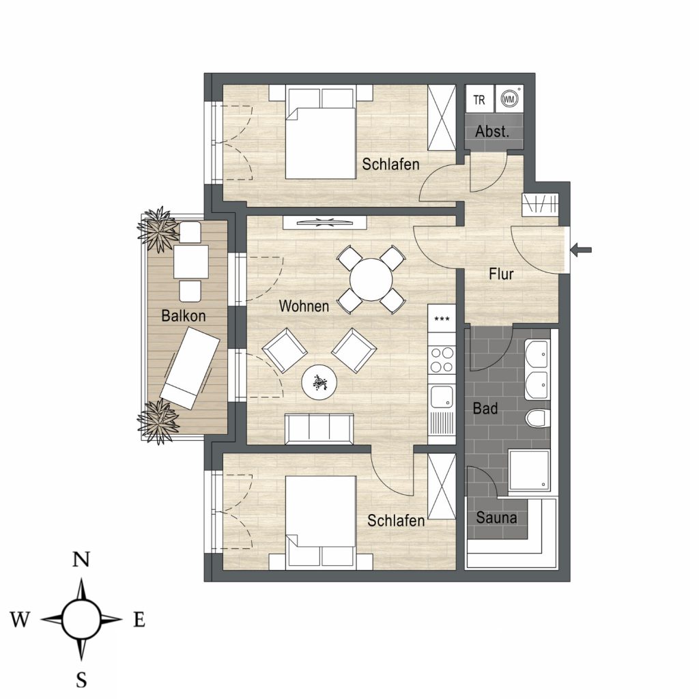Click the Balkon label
click(x=183, y=315)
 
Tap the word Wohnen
click(x=304, y=306)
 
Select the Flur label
click(x=501, y=274)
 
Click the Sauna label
click(x=497, y=517)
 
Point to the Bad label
click(x=485, y=408)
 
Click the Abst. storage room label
click(x=492, y=132)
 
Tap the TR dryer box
click(x=480, y=99)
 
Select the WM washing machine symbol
click(x=509, y=99)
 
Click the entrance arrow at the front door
click(x=582, y=249)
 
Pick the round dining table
click(x=371, y=280)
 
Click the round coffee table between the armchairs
click(x=319, y=382)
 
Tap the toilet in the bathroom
click(x=537, y=418)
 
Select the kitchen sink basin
click(x=442, y=397)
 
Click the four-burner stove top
click(x=442, y=360)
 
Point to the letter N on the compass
click(x=81, y=558)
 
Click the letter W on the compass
click(x=20, y=619)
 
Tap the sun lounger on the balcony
click(x=190, y=367)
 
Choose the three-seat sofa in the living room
click(x=319, y=429)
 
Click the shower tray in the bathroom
click(x=529, y=471)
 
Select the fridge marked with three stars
click(x=442, y=319)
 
